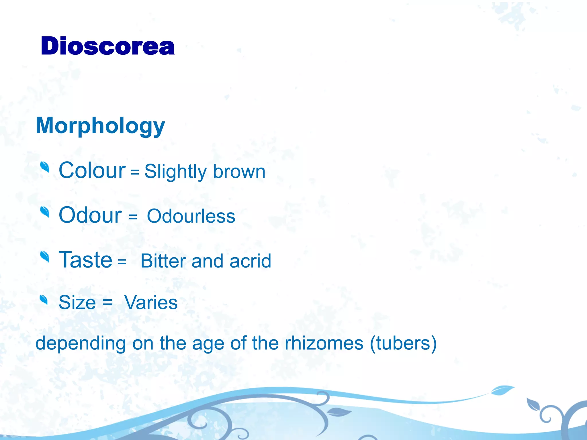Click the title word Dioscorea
[107, 46]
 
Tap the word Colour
[92, 170]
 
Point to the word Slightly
[175, 172]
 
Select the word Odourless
[191, 216]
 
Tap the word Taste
[85, 260]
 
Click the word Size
[77, 302]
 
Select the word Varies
[151, 302]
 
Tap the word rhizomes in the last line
[324, 343]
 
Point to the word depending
[81, 343]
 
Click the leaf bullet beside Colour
[45, 167]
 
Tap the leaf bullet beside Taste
[45, 256]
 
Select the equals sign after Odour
[133, 217]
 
